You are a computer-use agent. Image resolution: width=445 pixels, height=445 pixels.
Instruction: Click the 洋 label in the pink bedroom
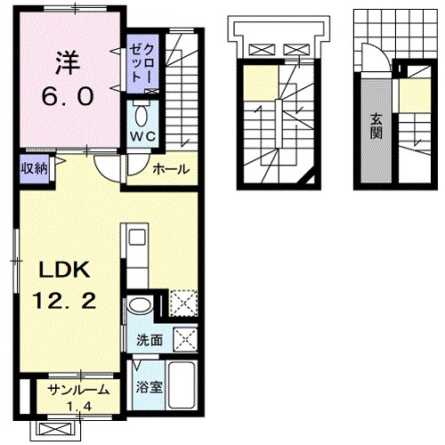[68, 63]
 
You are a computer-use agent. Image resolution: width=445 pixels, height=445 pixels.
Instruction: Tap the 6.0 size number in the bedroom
[68, 97]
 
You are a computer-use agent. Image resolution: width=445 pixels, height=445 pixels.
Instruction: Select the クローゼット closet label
[142, 64]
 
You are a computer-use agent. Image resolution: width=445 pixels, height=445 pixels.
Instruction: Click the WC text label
[143, 136]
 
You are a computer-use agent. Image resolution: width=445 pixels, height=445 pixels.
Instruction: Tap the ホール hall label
[171, 169]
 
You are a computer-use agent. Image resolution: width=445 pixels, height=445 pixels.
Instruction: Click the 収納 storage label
[34, 169]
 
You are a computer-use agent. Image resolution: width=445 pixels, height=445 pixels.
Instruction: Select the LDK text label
[64, 270]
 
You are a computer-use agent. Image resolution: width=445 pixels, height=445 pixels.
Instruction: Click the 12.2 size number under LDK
[64, 301]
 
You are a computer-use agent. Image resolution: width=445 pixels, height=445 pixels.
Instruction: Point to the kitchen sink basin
[137, 238]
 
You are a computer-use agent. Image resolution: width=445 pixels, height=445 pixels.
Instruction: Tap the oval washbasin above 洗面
[140, 306]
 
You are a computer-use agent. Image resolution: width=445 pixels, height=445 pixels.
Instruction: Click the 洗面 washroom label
[150, 340]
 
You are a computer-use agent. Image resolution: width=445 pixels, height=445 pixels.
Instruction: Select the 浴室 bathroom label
[149, 387]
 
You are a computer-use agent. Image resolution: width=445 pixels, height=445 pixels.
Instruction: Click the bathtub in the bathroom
[182, 385]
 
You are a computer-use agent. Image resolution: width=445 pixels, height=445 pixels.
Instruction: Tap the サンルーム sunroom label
[78, 390]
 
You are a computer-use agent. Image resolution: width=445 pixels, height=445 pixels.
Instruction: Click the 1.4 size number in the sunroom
[79, 406]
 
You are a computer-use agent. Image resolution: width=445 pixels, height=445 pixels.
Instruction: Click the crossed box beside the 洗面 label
[185, 340]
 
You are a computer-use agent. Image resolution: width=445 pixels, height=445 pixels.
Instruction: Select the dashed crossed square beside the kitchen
[183, 303]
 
